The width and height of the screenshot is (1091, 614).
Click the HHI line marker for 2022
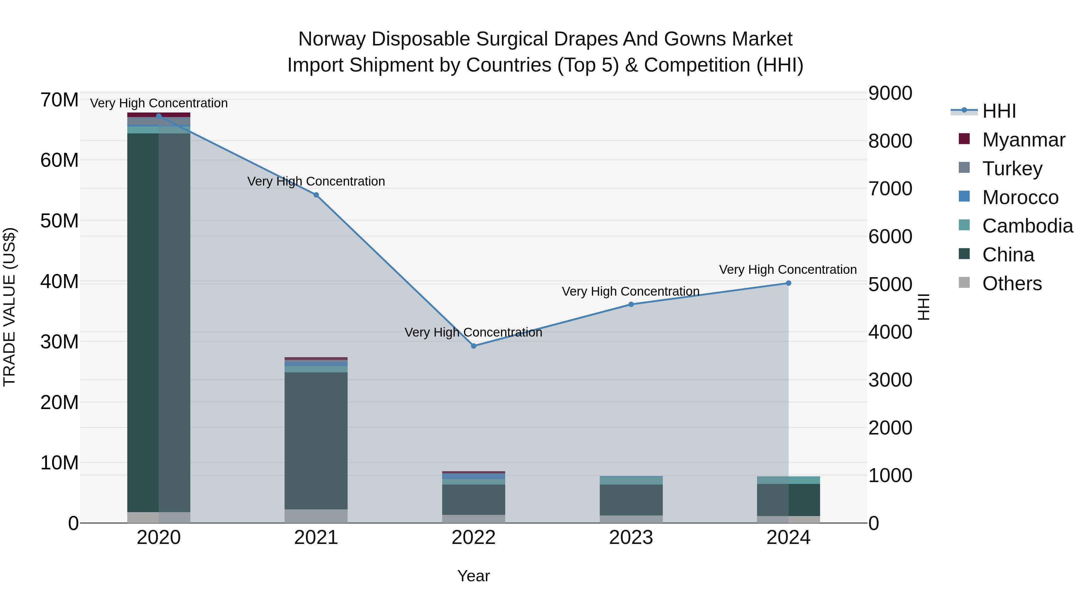(x=473, y=346)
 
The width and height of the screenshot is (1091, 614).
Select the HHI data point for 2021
(x=316, y=195)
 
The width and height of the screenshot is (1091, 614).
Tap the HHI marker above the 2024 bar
(x=788, y=283)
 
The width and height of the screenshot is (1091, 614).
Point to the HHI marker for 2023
(x=631, y=304)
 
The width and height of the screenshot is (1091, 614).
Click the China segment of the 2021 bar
(x=316, y=441)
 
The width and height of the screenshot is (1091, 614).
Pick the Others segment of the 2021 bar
(x=316, y=516)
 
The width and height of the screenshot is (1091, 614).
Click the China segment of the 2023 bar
(x=631, y=500)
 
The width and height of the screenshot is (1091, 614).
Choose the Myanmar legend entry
(x=1023, y=140)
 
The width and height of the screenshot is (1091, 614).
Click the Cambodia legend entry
(x=1027, y=226)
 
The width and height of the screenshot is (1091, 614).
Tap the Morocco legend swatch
(x=964, y=196)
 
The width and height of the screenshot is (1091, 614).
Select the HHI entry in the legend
(x=999, y=111)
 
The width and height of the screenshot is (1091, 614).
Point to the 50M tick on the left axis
(x=59, y=221)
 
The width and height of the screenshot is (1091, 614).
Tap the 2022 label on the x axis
(x=473, y=538)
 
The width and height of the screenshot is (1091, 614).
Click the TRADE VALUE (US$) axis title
(x=9, y=307)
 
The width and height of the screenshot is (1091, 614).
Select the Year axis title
(x=473, y=576)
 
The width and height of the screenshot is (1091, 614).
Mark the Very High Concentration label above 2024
(x=788, y=270)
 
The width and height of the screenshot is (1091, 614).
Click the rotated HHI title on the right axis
(x=923, y=307)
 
